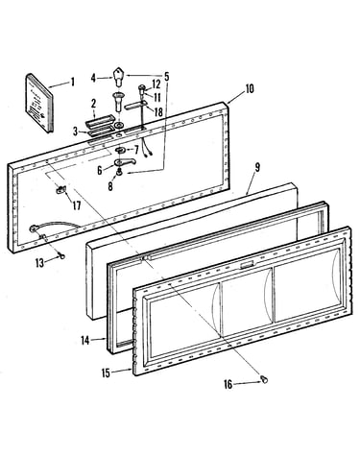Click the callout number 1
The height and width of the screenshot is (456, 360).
[x=73, y=83]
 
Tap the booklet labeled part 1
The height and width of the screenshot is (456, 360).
[x=38, y=103]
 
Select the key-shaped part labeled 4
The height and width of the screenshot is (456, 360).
[x=118, y=77]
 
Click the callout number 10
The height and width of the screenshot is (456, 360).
[x=250, y=88]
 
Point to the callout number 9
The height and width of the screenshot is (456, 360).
[x=257, y=168]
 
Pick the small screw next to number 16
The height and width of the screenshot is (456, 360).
[x=264, y=379]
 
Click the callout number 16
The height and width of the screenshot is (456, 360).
[x=228, y=384]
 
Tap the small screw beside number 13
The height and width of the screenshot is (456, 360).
[x=61, y=255]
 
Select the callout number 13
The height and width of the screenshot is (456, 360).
[x=39, y=263]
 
